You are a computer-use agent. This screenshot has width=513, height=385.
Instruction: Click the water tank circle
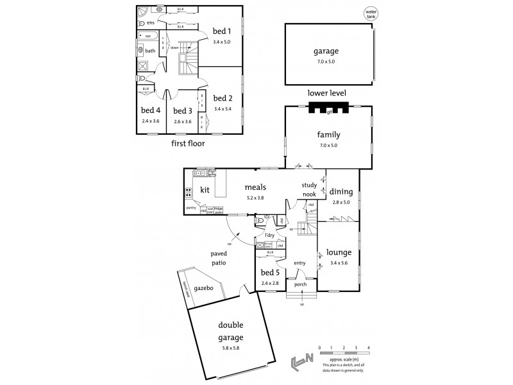point(370,13)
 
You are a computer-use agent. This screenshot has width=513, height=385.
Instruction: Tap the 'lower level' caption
point(327,93)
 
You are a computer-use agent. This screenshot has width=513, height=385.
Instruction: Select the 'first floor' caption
point(188,144)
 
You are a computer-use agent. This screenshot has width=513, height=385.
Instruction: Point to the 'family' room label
point(328,135)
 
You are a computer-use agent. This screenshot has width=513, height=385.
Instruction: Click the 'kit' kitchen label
point(205,190)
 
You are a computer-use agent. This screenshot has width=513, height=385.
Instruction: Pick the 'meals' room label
point(255,187)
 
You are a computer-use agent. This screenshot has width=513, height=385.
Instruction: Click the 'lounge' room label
point(338,252)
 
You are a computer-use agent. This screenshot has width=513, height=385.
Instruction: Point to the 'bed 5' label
point(269,272)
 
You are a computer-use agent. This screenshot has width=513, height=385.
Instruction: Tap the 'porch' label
point(301,285)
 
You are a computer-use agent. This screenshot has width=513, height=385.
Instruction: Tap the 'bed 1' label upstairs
point(222,31)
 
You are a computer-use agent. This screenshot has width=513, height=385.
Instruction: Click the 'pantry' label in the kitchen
point(191,208)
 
